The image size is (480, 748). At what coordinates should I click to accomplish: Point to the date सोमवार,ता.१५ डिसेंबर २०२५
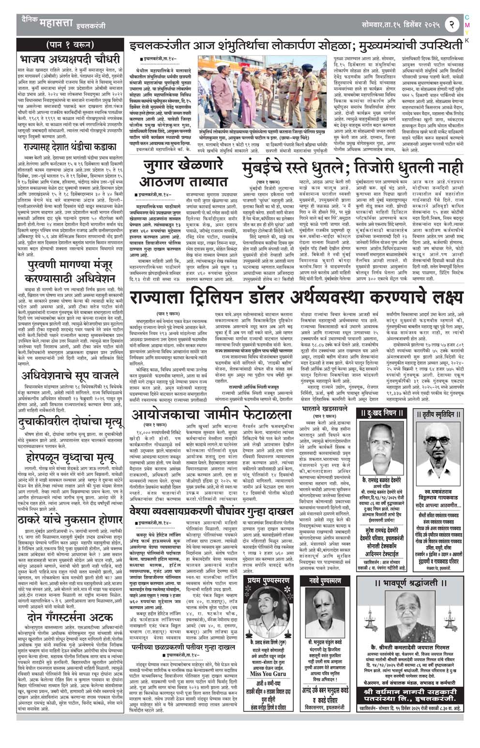click(x=400, y=23)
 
